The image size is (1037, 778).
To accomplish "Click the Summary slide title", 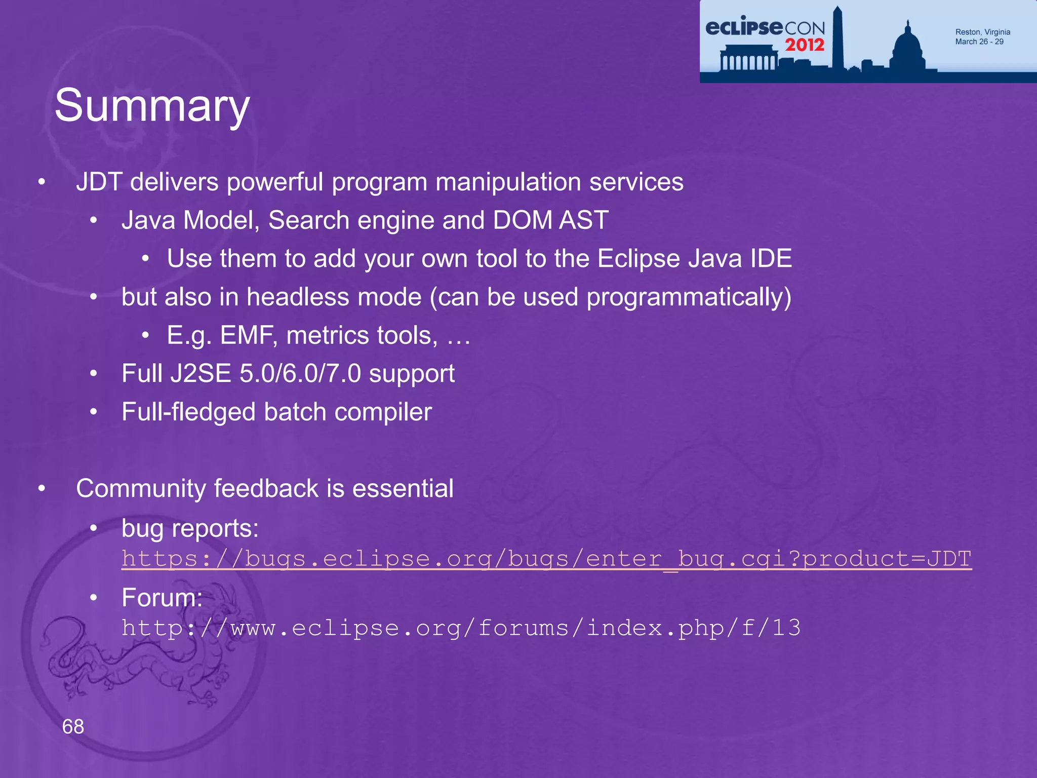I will (x=152, y=105).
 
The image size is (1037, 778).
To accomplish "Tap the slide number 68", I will (x=73, y=726).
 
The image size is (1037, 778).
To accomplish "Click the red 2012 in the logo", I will (x=805, y=45).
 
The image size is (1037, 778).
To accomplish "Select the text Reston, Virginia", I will (x=982, y=32).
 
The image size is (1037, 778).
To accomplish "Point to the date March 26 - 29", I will (x=979, y=42).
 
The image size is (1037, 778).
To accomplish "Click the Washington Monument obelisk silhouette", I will (x=837, y=41).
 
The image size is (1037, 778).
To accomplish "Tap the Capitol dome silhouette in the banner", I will (x=908, y=48).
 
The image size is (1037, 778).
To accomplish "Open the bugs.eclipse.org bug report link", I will (x=546, y=559).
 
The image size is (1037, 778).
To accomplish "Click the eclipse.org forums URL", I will (x=461, y=628).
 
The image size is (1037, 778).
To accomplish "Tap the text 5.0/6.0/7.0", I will (x=300, y=374).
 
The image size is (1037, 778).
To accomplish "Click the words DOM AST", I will (x=550, y=220).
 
